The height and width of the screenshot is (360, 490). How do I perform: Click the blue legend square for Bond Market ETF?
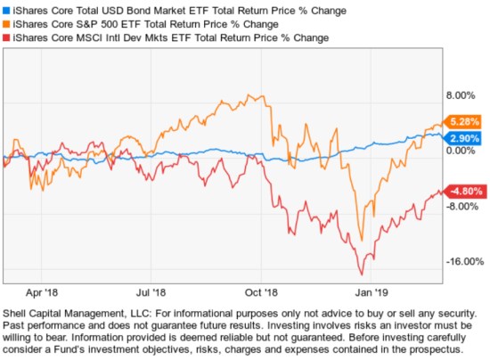6,9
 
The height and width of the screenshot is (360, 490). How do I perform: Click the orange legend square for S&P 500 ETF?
6,24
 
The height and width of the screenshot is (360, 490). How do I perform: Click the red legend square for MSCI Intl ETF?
6,39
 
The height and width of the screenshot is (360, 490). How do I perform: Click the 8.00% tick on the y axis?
460,95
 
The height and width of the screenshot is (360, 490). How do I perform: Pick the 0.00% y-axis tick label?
460,151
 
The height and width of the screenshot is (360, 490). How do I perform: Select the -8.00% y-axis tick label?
460,207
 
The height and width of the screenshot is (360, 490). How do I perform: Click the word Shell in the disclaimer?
17,313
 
